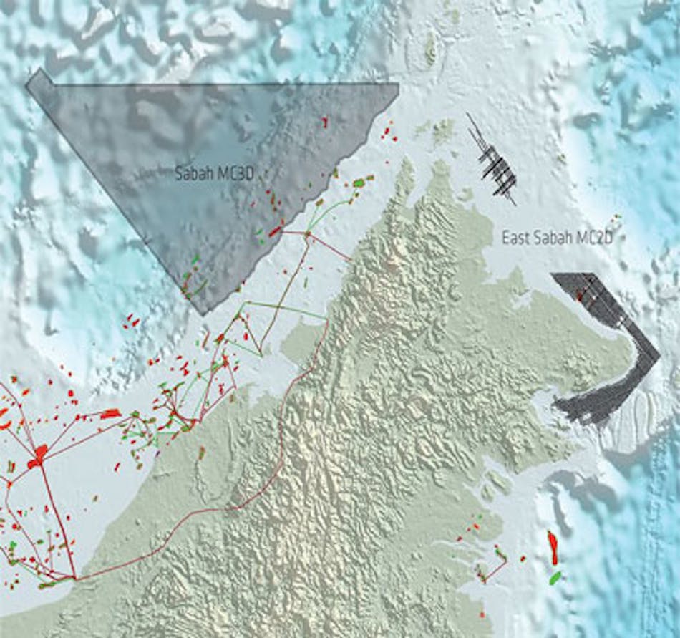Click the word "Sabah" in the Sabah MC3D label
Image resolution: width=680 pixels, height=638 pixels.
pos(190,174)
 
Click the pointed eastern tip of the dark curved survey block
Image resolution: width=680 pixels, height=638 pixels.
pos(657,354)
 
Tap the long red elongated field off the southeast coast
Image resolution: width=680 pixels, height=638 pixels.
pos(553,547)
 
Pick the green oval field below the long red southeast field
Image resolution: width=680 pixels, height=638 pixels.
pos(555,577)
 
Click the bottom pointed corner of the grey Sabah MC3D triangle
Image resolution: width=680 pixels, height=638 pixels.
pos(203,313)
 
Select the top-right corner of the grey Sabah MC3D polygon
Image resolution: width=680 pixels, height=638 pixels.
pos(397,84)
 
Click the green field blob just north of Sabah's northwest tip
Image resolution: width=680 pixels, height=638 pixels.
pos(359,183)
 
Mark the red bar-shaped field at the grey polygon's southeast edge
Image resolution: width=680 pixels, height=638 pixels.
pos(275,231)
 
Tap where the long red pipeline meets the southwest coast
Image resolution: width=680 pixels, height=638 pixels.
pos(75,577)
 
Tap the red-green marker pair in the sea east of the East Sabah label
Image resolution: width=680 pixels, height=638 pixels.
pos(614,218)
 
